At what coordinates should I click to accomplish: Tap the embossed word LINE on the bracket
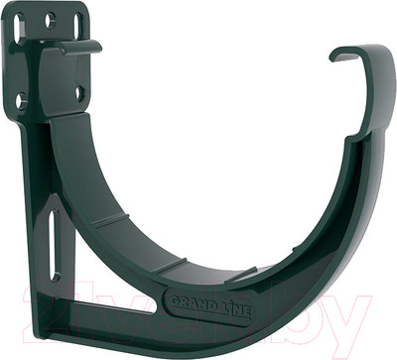[238, 309]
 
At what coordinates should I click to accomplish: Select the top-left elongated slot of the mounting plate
[19, 27]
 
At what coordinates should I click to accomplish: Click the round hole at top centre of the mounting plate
[50, 19]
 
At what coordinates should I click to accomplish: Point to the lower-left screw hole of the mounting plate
[21, 98]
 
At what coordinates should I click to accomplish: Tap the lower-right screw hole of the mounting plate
[79, 92]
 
